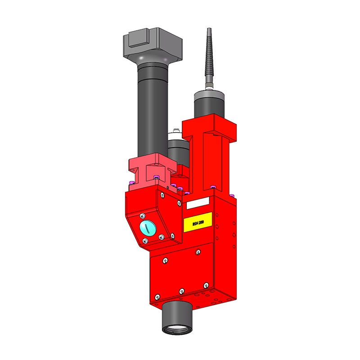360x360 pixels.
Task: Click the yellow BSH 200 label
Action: [197, 223]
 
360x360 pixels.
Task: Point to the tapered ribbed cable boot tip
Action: [209, 49]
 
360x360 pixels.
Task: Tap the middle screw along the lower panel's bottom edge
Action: [181, 291]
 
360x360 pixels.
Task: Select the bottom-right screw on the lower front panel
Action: [206, 285]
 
